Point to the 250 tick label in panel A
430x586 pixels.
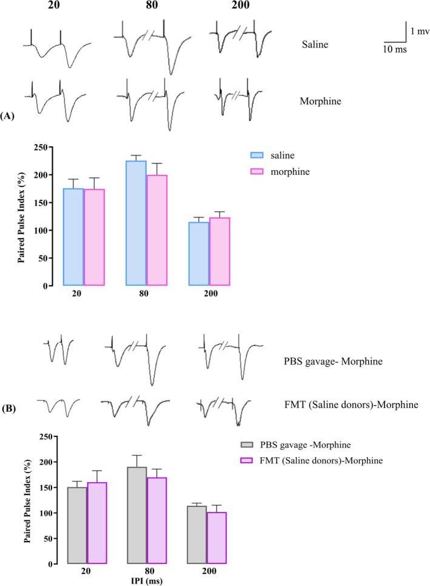pos(39,148)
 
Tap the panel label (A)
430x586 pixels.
pos(10,115)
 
